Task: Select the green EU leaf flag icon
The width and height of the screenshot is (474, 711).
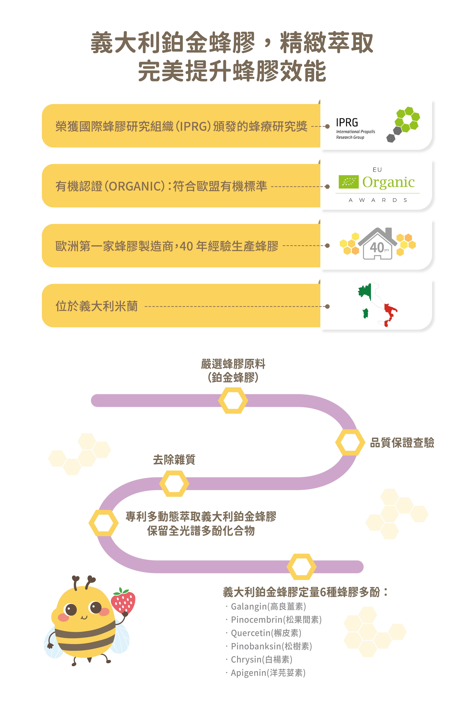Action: click(349, 182)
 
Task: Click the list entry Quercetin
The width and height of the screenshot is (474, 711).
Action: click(266, 633)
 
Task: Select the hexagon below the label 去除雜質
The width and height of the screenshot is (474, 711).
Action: click(174, 484)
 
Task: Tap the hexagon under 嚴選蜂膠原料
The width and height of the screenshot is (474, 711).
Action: click(233, 401)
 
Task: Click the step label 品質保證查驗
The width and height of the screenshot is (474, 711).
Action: click(402, 443)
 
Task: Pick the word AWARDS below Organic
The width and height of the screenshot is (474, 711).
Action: click(378, 200)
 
